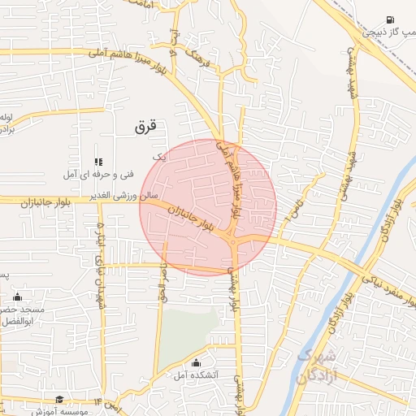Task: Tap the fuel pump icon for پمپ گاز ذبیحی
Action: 392,19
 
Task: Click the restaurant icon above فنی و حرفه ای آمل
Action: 98,162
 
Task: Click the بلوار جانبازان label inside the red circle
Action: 192,219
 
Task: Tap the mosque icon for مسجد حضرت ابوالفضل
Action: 18,297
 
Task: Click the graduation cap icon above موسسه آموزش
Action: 59,399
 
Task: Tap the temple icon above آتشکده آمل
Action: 195,362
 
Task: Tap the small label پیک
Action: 161,155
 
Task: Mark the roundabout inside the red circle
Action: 234,241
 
